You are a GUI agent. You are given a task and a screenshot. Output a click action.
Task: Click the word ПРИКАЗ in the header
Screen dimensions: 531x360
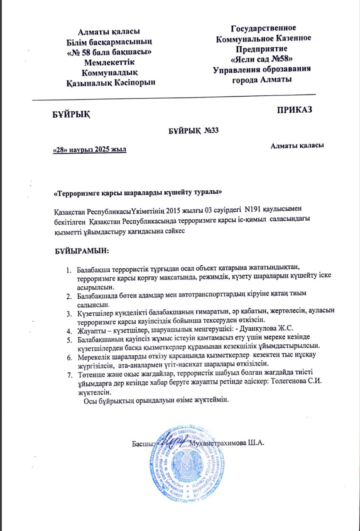[x=294, y=110]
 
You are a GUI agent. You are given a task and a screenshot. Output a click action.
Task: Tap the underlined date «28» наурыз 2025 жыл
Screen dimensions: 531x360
[x=90, y=150]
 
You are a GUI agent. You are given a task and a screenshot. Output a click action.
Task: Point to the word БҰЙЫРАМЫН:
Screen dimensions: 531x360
[x=82, y=251]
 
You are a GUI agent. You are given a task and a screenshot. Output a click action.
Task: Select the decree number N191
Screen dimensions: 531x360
[x=254, y=210]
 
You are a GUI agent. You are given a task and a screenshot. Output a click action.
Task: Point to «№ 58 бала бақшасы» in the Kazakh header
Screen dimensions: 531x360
[x=109, y=52]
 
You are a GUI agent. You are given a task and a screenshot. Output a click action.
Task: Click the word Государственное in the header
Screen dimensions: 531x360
[x=263, y=28]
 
